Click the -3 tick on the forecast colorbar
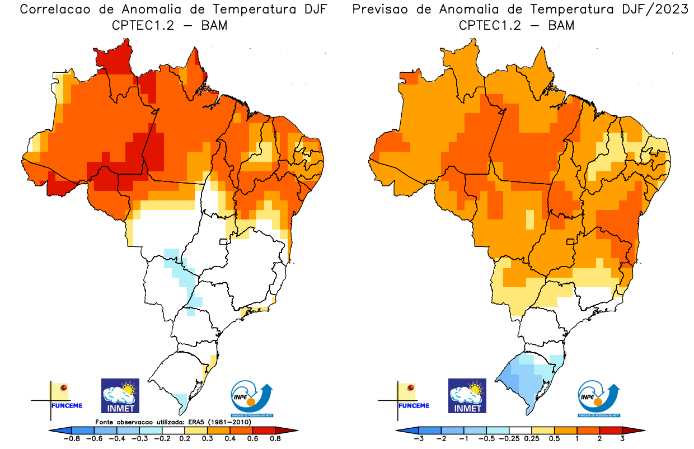coord(418,439)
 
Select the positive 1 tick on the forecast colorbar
coord(577,439)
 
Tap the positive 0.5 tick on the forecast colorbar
coord(556,439)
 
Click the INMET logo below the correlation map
coord(120,396)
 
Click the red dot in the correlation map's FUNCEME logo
coord(64,387)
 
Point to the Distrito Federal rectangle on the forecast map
coord(570,242)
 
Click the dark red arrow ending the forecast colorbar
coord(639,430)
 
